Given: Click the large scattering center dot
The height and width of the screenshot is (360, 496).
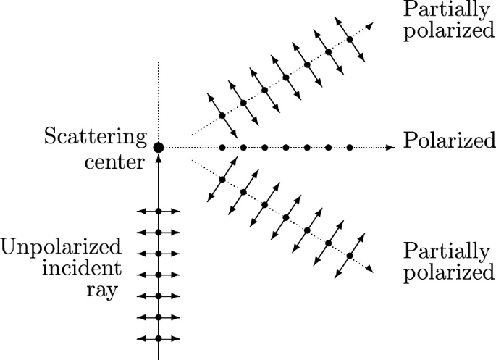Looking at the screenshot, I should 159,147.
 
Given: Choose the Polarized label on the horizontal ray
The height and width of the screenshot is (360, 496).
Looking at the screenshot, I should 449,140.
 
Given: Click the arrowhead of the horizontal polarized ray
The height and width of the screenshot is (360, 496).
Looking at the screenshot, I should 392,147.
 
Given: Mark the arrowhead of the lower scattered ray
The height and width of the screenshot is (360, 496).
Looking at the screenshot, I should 370,269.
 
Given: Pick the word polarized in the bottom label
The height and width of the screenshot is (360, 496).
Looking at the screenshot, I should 449,274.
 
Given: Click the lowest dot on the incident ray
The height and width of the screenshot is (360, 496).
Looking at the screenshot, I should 158,338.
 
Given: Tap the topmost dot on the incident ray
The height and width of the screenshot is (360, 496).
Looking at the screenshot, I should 158,211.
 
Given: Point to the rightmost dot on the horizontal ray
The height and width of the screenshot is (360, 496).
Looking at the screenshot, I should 350,147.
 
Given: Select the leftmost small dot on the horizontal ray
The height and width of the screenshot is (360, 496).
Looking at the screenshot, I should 222,147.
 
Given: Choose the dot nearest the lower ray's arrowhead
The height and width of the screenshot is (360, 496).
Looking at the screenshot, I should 350,256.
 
